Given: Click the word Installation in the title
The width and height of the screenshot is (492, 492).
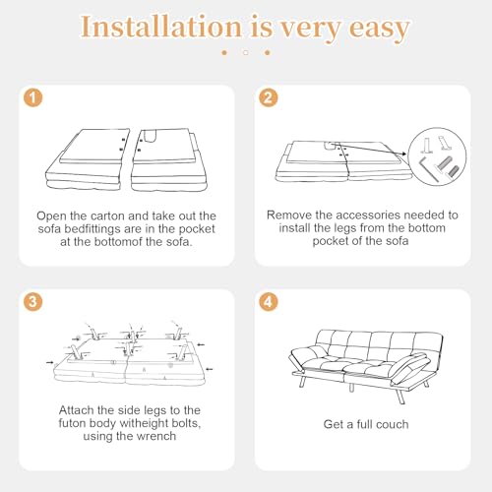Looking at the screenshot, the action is tap(161, 27).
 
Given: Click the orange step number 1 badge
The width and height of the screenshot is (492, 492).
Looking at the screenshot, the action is tap(33, 97).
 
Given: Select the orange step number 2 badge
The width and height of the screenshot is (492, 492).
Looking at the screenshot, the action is tap(269, 97).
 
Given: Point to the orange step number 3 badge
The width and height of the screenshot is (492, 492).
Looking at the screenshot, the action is tap(33, 301).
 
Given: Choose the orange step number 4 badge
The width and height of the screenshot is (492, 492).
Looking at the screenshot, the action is tap(269, 301).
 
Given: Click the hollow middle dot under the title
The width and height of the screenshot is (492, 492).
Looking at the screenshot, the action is tap(246, 52).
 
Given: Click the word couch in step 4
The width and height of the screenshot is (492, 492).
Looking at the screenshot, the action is tap(393, 424).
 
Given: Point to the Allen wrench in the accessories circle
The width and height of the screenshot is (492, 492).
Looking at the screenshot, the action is tap(427, 168).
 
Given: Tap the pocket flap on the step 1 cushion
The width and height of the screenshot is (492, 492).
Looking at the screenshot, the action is tap(150, 136).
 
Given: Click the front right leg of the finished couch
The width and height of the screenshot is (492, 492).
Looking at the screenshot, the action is tap(400, 397).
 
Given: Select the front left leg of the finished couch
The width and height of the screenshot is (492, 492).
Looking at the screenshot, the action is tap(302, 381).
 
